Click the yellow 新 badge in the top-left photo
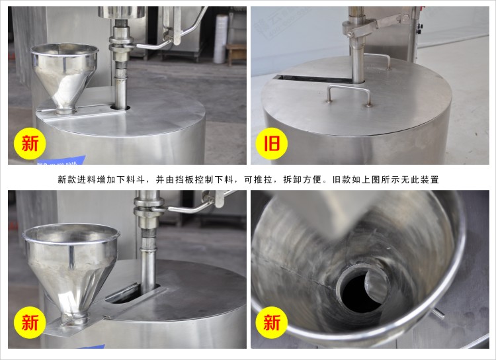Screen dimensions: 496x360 tap(30, 144)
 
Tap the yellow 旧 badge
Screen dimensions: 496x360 tap(271, 144)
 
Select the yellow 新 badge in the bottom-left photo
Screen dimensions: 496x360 tap(30, 323)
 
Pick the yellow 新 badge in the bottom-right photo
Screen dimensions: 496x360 tap(271, 323)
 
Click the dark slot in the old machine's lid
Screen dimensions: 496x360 tap(313, 79)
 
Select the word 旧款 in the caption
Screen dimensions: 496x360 tap(342, 180)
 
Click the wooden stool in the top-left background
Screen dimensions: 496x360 tap(236, 54)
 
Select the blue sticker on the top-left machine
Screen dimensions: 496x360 tap(62, 160)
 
